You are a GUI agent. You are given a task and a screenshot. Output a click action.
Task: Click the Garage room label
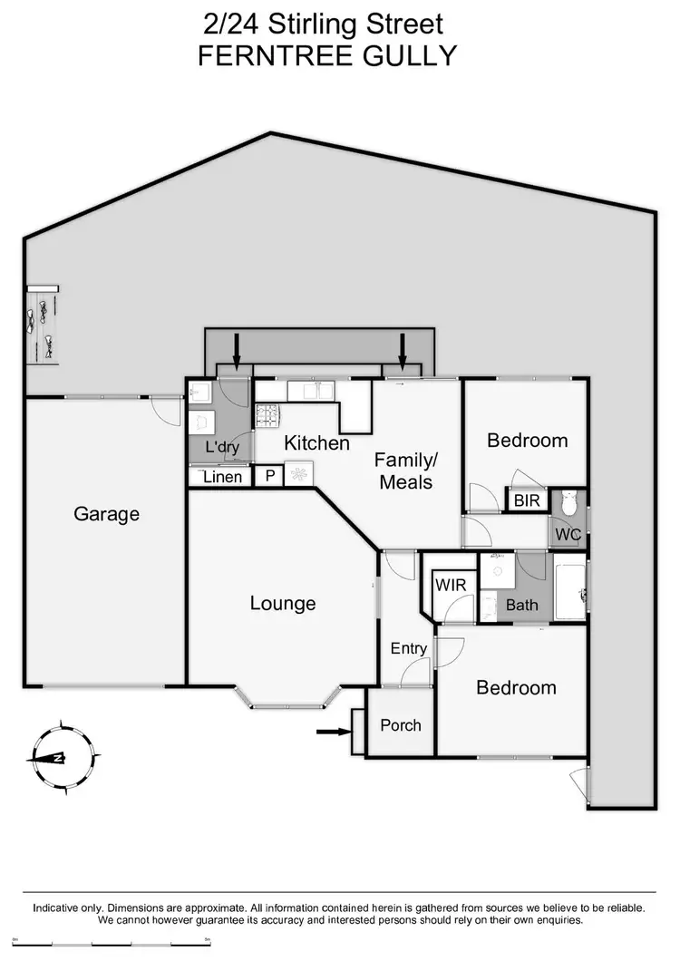107,514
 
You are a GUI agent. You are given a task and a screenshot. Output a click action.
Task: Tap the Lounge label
283,603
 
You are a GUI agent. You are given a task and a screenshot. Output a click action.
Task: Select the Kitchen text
316,443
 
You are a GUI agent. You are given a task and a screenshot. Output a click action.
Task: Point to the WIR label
451,585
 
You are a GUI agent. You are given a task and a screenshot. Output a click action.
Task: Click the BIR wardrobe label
527,500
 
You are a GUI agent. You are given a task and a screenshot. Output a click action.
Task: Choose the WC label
568,534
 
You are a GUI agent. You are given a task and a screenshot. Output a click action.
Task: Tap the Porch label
401,725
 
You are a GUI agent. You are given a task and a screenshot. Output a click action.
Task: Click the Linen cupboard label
222,477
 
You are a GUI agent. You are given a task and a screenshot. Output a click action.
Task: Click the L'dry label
222,447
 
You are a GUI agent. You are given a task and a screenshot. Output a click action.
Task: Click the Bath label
522,605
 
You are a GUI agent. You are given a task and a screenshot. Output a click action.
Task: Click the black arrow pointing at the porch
332,731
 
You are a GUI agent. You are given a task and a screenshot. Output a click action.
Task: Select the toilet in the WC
569,501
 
